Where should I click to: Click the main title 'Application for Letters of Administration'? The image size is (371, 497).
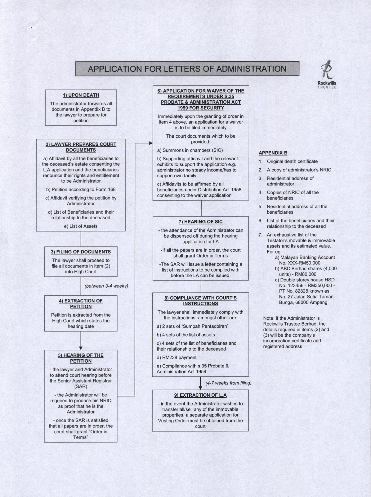coord(187,69)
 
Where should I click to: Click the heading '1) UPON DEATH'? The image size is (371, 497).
coord(81,95)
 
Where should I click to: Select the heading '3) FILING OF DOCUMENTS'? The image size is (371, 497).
coord(81,252)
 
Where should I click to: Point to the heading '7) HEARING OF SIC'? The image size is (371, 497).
coord(200,222)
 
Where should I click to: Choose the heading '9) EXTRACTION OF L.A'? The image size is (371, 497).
coord(200,395)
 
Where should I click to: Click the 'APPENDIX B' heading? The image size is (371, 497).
coord(273,153)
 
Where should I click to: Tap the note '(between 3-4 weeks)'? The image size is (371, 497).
coord(106,286)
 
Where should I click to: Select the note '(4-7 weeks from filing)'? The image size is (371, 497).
coord(228,383)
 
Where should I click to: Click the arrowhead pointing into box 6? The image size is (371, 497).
coord(151,143)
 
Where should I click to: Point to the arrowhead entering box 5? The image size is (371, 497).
coord(81,348)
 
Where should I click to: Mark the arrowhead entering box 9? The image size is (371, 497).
coord(200,388)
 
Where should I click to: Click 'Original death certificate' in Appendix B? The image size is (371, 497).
coord(292,162)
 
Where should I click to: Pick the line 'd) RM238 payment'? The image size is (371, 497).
coord(177,358)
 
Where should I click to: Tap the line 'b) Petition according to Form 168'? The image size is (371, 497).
coord(81,189)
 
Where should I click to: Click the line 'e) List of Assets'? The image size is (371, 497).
coord(81,226)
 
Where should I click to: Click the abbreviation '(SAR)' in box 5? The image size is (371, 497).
coord(81,386)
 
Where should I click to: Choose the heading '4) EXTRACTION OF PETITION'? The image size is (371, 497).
coord(81,303)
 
